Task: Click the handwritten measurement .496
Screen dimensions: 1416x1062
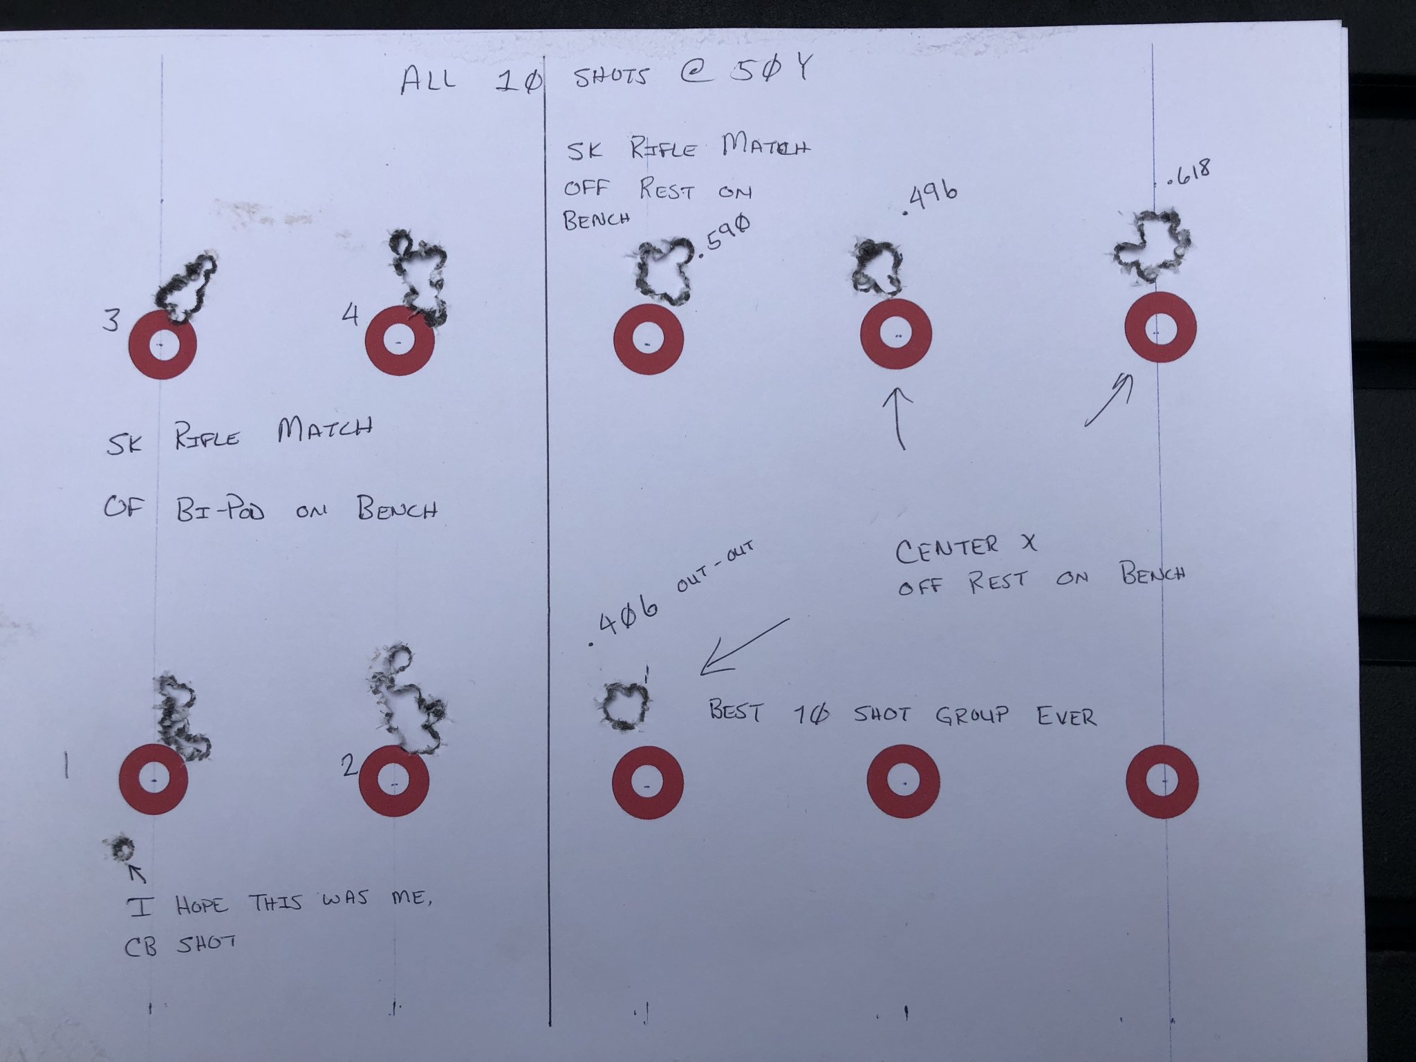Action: [931, 198]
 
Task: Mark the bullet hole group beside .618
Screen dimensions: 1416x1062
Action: [1150, 245]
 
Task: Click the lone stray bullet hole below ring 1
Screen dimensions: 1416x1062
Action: [122, 848]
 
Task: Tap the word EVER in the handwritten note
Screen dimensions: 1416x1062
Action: [1066, 716]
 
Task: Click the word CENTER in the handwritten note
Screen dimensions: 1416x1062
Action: [947, 549]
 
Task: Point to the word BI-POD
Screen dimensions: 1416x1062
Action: [220, 510]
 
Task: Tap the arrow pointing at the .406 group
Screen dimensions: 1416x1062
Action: [744, 646]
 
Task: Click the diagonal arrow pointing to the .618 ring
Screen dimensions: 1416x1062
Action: [1109, 400]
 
